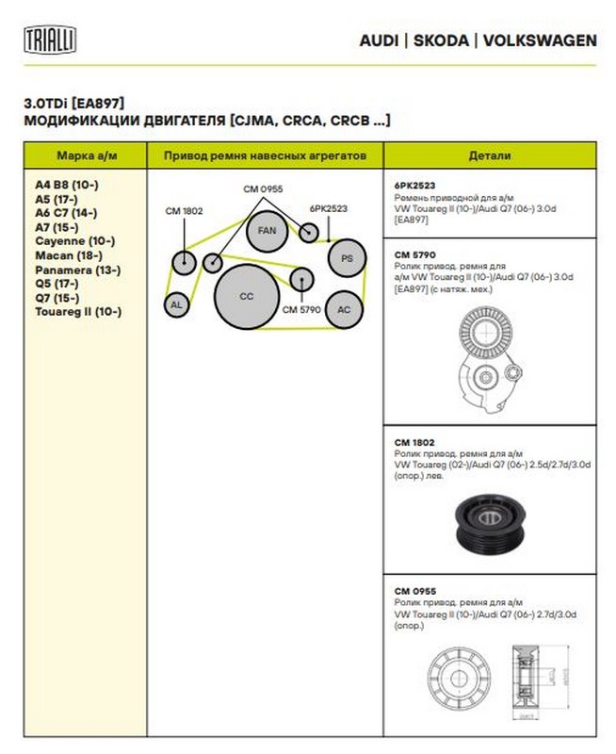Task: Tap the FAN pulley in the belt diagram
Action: click(267, 229)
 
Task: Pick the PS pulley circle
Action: click(347, 258)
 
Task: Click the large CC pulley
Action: click(247, 296)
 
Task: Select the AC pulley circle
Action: click(344, 310)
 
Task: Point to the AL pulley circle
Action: click(175, 304)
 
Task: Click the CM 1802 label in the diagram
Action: click(184, 210)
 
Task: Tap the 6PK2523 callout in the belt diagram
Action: click(329, 208)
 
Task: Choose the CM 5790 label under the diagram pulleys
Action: click(301, 309)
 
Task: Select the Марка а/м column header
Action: click(87, 155)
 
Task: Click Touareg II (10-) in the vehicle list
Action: click(78, 311)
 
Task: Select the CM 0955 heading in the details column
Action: click(413, 591)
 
